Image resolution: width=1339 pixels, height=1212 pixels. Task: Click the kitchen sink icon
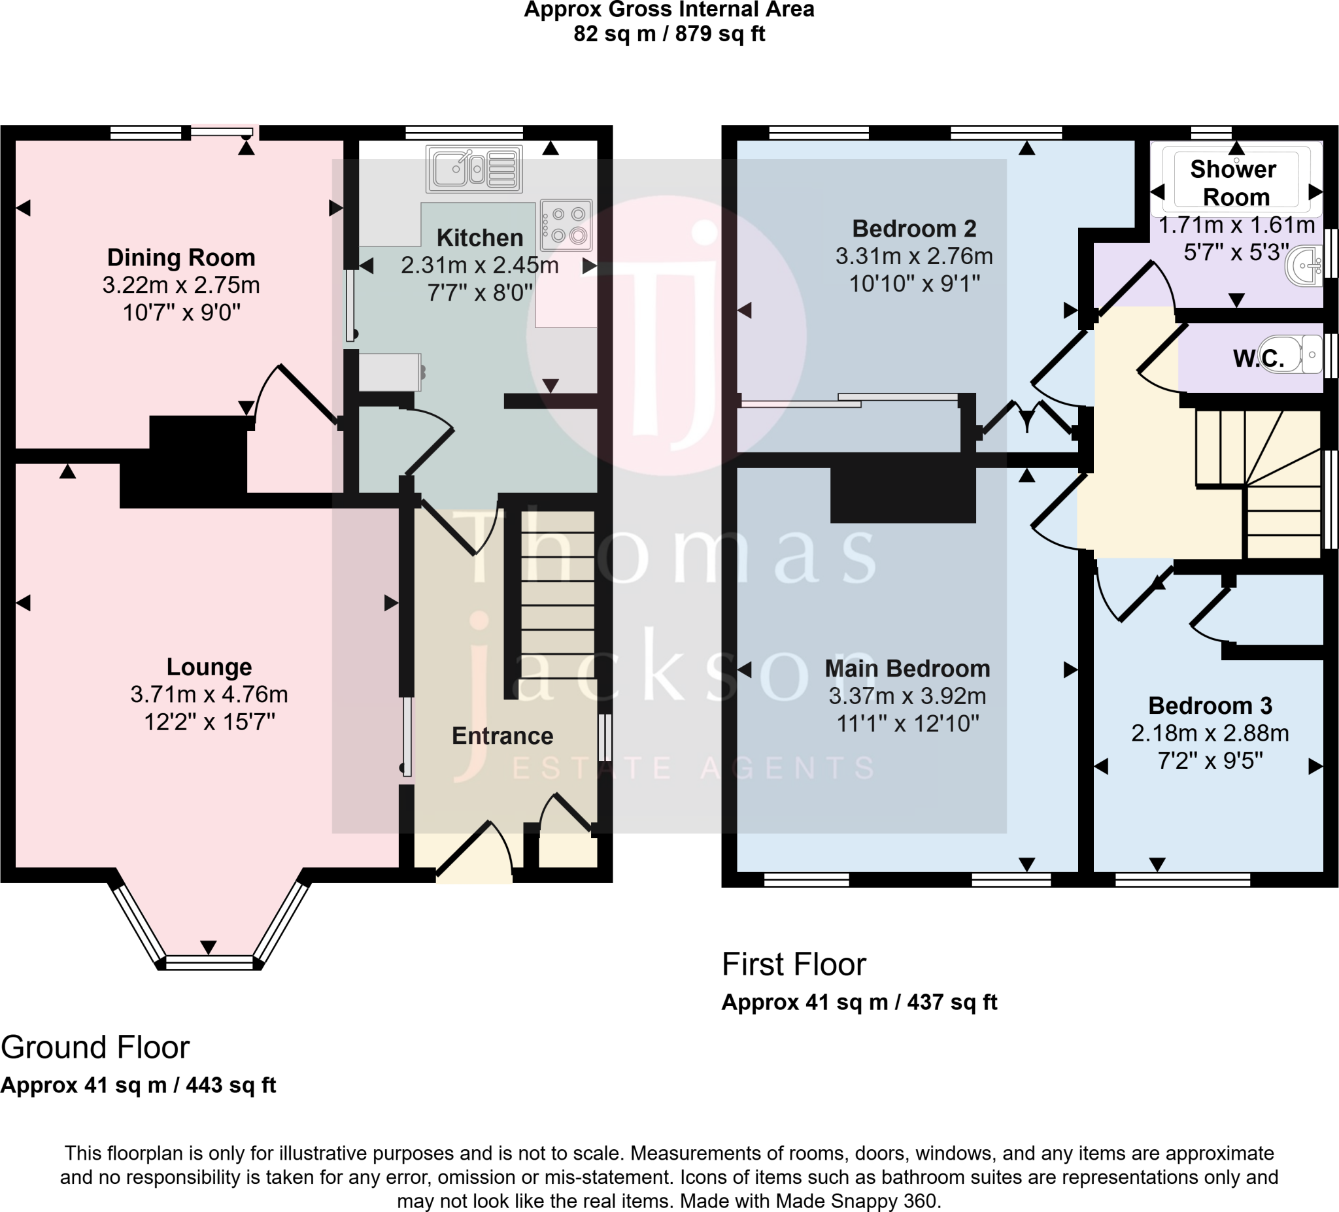tap(473, 169)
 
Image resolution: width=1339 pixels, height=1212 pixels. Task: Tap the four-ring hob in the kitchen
tap(567, 224)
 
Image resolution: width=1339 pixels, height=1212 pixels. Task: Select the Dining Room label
tap(180, 258)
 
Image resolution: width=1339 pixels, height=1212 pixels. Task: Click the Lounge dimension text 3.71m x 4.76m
tap(209, 695)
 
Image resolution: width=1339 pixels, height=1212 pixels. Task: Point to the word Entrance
tap(502, 736)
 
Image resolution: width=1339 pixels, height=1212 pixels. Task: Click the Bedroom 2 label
tap(914, 228)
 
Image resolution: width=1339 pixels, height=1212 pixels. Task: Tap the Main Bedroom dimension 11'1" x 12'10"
tap(907, 723)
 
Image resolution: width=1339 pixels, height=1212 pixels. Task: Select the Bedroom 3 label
tap(1210, 705)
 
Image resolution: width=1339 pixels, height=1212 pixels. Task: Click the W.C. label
tap(1258, 359)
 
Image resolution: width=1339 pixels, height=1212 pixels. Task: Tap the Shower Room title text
tap(1234, 183)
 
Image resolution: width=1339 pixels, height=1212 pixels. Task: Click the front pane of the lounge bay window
tap(209, 962)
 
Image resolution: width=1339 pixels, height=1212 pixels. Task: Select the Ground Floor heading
tap(95, 1048)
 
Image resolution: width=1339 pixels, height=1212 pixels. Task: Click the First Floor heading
tap(794, 964)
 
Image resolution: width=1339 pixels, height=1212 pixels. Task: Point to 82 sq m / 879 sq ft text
tap(669, 33)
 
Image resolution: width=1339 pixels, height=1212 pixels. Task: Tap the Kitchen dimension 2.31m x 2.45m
tap(479, 265)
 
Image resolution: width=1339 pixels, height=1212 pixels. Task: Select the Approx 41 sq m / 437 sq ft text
tap(859, 1002)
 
